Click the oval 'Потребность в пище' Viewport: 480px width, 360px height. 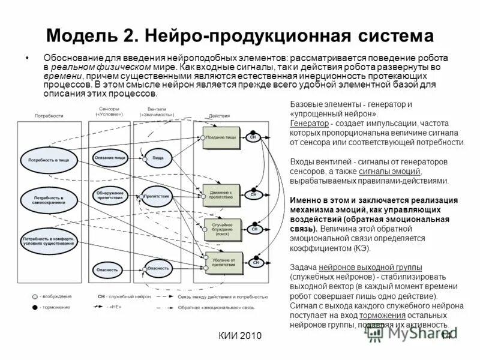50,160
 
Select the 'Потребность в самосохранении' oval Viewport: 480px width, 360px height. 49,199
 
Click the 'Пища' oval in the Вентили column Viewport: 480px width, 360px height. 158,158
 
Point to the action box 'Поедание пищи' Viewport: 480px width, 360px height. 221,137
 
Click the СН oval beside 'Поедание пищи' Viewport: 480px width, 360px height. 253,137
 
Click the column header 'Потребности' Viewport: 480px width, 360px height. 49,116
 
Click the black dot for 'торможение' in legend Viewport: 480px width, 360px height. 34,307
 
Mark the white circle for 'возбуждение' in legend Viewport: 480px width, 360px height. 34,296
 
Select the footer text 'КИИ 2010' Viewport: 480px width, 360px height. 240,336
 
